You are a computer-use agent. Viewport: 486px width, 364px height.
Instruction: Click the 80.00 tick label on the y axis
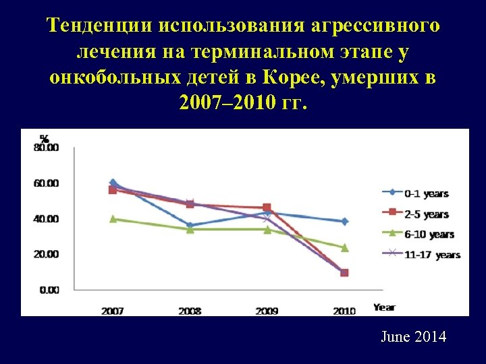point(46,148)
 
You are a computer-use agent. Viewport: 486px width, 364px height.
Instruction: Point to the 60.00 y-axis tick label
point(46,183)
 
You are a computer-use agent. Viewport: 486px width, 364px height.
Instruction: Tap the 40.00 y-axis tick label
point(46,219)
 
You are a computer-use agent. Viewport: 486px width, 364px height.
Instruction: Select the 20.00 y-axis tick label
point(46,254)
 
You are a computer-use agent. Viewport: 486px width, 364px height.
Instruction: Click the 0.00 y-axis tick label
point(49,290)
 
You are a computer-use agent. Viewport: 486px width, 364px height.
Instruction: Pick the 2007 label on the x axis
point(113,310)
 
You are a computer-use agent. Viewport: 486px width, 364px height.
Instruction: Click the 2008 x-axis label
point(190,310)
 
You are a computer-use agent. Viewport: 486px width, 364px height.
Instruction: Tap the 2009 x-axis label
point(267,310)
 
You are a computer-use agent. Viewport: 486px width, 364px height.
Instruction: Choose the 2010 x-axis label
point(344,310)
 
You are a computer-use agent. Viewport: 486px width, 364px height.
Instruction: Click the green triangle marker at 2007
point(113,218)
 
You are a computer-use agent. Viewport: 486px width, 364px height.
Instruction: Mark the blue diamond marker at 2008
point(190,226)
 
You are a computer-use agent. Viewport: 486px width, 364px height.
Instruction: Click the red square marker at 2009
point(267,208)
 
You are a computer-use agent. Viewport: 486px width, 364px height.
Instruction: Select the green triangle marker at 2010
point(344,247)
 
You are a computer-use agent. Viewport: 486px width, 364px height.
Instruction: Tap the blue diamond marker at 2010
point(344,221)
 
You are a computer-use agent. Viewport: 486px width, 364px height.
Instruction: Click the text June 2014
point(413,336)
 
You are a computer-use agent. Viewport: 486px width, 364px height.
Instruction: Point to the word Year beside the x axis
point(384,307)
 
